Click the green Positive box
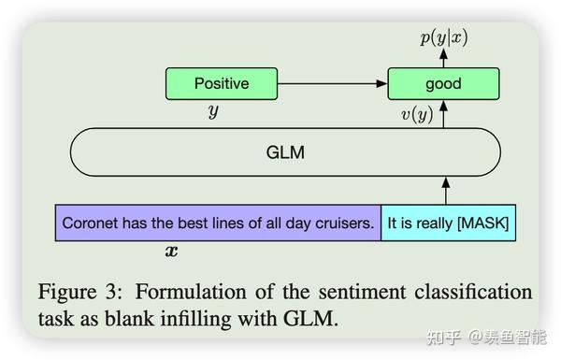click(222, 83)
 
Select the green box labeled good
click(443, 83)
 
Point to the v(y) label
click(415, 116)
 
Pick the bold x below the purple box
click(170, 251)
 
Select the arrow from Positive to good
click(332, 83)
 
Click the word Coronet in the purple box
click(88, 224)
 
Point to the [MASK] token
click(480, 224)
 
